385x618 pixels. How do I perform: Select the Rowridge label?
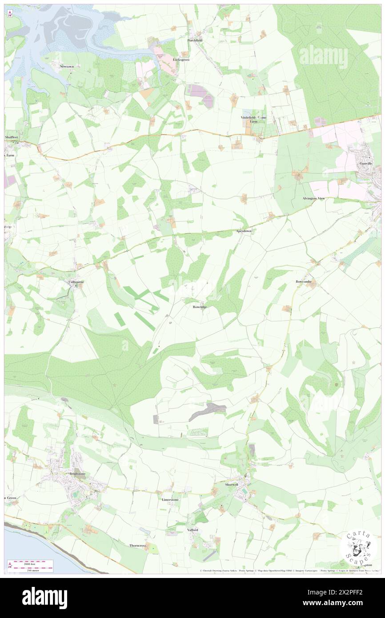200,307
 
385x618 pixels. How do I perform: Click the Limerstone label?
170,499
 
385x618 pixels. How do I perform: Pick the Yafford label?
192,530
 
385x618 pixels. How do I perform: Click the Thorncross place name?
138,545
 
